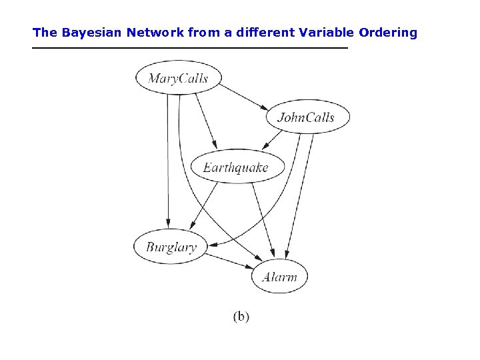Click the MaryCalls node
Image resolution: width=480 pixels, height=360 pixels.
tap(178, 79)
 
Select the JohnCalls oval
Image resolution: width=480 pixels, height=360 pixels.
tap(307, 117)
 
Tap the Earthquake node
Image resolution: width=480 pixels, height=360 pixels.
tap(237, 167)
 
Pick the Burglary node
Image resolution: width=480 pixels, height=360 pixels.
tap(171, 247)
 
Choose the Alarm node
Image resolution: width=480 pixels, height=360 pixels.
tap(279, 276)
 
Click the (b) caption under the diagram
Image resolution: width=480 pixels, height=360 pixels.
tap(241, 317)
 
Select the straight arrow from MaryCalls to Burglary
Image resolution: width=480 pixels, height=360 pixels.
tap(168, 160)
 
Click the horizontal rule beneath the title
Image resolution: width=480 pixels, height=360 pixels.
tap(190, 49)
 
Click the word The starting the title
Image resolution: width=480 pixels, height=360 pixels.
tap(45, 32)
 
